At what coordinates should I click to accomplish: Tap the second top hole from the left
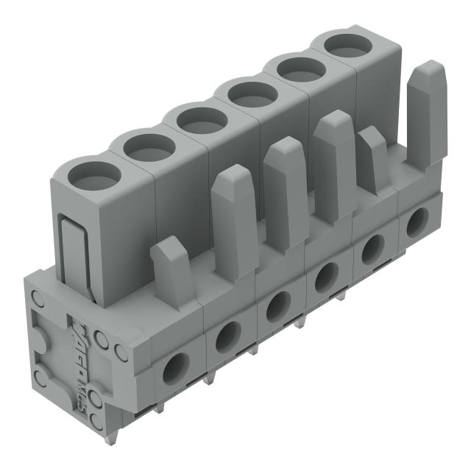pyautogui.click(x=149, y=146)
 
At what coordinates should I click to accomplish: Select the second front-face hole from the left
pyautogui.click(x=228, y=336)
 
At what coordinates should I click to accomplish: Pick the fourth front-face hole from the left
pyautogui.click(x=322, y=277)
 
